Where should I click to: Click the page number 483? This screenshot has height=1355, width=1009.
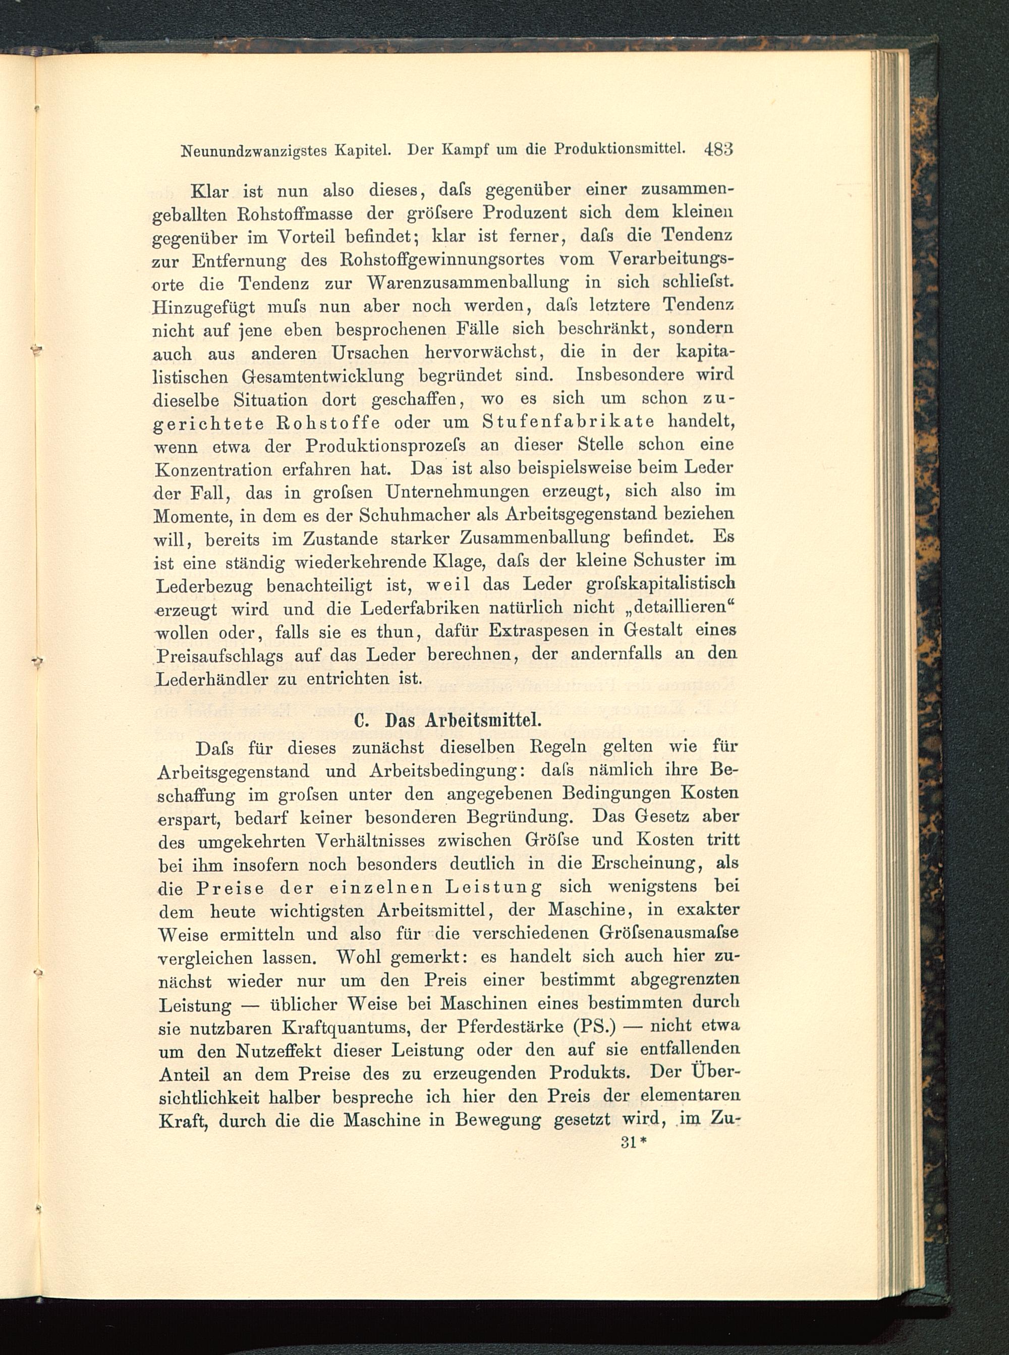[x=718, y=150]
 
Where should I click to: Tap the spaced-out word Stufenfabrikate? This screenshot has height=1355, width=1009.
[x=568, y=422]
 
